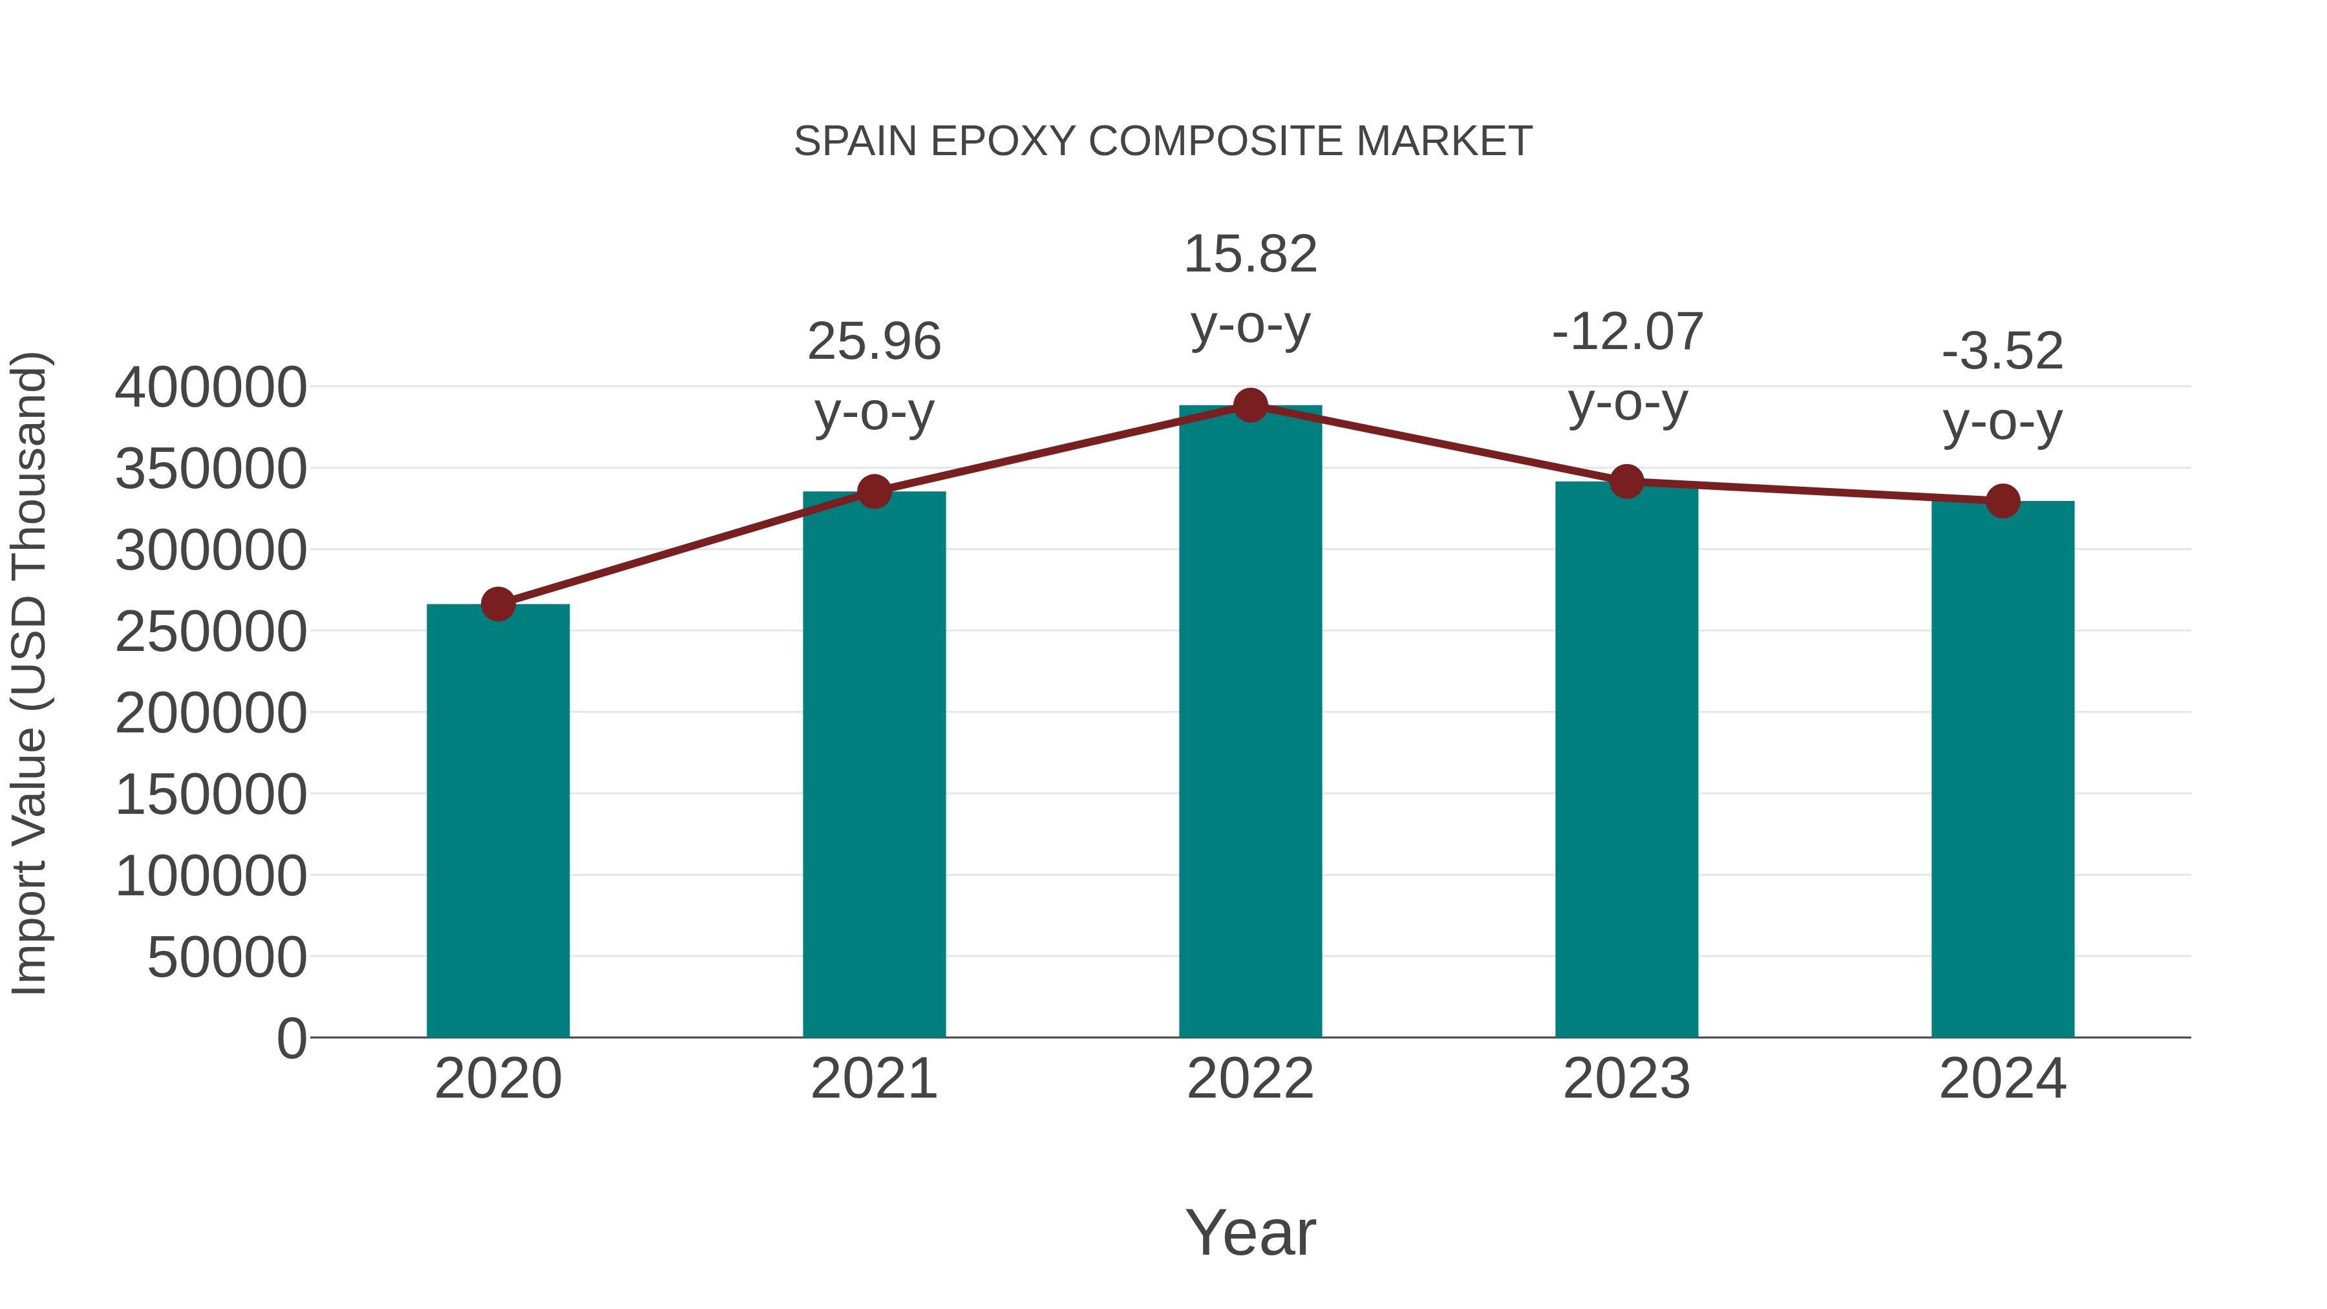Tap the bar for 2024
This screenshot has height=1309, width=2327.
tap(2003, 768)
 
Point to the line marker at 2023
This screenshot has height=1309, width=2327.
tap(1626, 482)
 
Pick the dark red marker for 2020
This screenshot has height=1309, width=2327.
tap(498, 604)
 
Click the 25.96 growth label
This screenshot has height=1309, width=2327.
tap(873, 343)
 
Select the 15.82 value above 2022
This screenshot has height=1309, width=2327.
tap(1250, 254)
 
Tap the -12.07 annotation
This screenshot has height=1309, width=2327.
tap(1627, 332)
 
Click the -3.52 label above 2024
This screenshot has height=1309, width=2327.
tap(2003, 352)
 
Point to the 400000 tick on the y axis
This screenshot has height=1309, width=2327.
tap(211, 388)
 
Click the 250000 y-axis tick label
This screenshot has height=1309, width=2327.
tap(211, 632)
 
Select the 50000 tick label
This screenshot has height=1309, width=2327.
tap(227, 957)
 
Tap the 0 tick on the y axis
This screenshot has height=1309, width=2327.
tap(291, 1038)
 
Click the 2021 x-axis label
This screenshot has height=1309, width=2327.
tap(873, 1079)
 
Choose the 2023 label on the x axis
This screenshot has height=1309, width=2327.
tap(1626, 1079)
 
